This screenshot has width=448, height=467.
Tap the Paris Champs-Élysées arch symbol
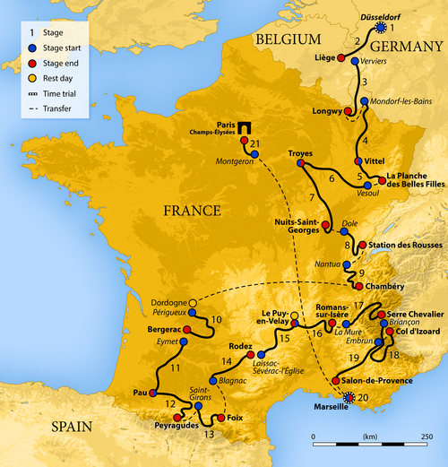[243, 128]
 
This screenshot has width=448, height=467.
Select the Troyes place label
[300, 153]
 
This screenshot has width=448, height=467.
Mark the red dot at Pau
[154, 392]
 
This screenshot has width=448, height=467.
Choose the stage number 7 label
[311, 196]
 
